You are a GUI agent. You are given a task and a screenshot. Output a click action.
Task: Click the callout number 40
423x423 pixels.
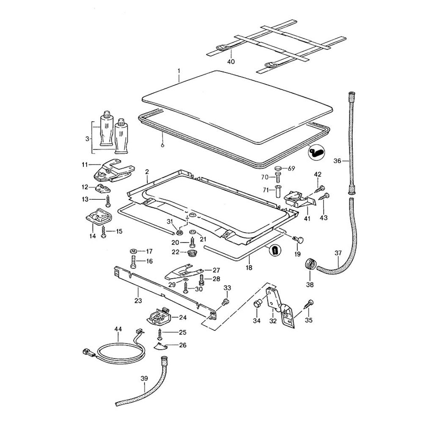[231, 62]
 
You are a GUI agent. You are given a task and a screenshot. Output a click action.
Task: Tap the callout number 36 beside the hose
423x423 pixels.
[337, 161]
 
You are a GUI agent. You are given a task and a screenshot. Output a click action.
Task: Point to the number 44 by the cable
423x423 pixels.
[118, 329]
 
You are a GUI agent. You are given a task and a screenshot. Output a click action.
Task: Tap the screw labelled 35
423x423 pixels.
[310, 303]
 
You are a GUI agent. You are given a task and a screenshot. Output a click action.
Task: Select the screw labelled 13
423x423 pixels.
[108, 201]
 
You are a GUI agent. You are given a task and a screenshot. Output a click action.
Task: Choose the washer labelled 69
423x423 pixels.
[278, 169]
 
